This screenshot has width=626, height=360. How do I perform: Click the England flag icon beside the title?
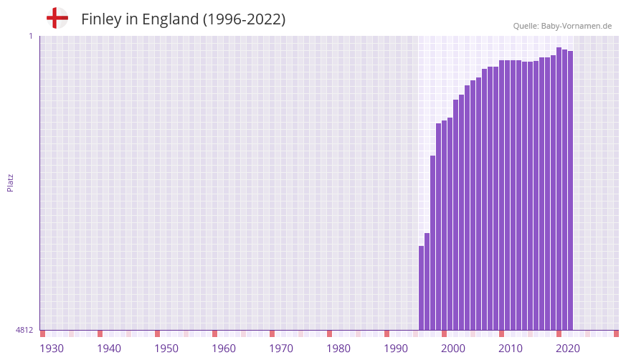coord(57,18)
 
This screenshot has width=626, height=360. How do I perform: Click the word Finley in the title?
coord(102,19)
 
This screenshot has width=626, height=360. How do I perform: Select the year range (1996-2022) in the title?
coord(244,19)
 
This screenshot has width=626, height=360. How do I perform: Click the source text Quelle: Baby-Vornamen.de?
coord(562,26)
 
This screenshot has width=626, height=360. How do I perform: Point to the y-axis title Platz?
coord(10,182)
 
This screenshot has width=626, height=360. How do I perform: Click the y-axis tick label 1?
coord(31,36)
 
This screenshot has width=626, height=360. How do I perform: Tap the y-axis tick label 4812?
coord(24,330)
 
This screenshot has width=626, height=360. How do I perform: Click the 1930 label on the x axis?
coord(52,349)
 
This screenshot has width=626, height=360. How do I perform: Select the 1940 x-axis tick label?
coord(109,349)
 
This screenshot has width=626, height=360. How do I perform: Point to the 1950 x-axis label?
coord(166,349)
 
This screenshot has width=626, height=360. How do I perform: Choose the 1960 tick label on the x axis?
coord(224,349)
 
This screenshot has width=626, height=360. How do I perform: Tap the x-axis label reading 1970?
coord(281,349)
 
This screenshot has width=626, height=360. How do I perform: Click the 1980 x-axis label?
coord(338,349)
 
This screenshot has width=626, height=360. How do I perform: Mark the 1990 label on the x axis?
coord(396,349)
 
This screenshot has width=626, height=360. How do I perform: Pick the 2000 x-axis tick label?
coord(453,349)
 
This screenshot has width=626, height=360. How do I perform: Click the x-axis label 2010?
coord(511,349)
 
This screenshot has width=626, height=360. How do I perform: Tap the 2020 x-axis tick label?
coord(568,349)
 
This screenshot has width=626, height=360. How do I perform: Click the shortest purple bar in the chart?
coord(422,288)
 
